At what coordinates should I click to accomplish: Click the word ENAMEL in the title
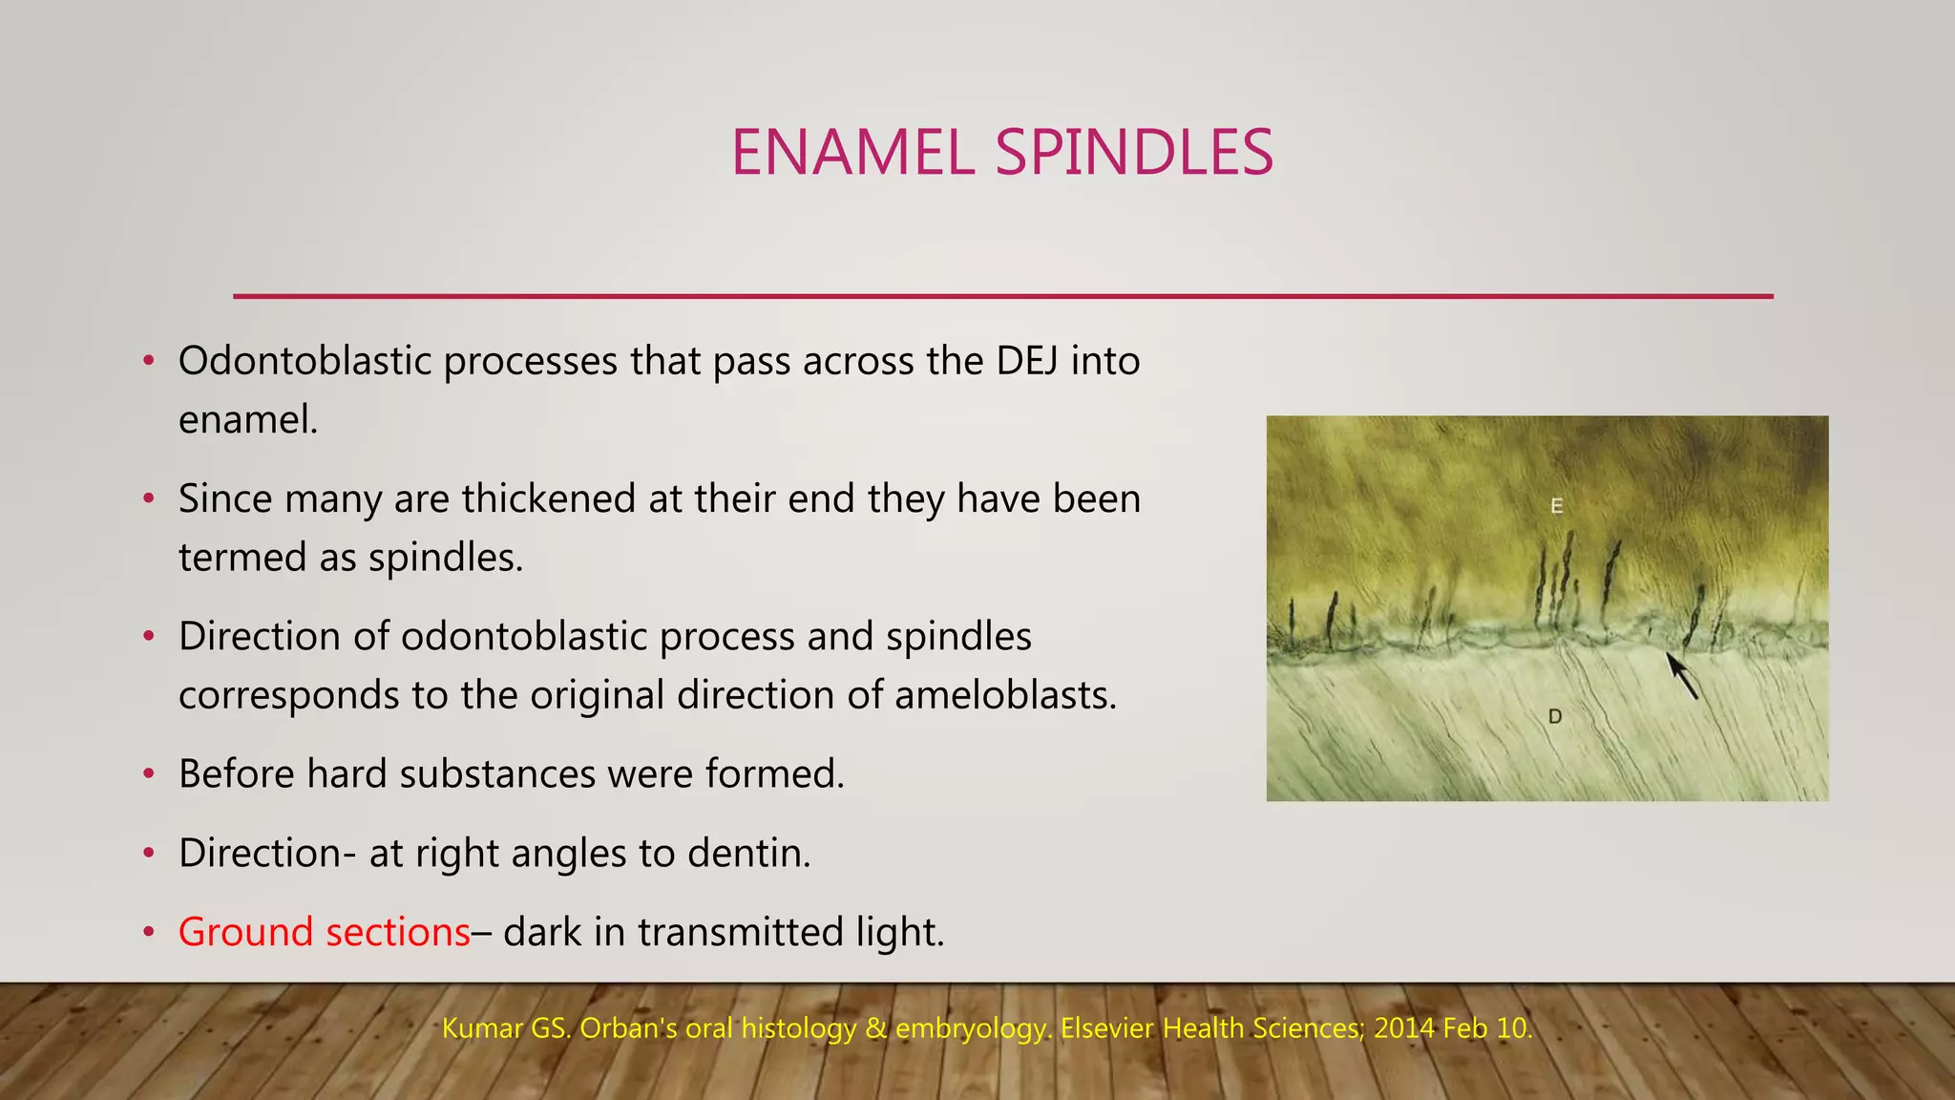pyautogui.click(x=852, y=153)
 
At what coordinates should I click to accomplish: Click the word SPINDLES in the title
pyautogui.click(x=1134, y=153)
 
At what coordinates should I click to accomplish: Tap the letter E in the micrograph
pyautogui.click(x=1557, y=506)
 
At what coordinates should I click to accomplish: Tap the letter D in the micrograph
pyautogui.click(x=1555, y=716)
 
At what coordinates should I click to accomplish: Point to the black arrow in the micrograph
pyautogui.click(x=1682, y=675)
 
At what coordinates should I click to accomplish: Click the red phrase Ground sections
pyautogui.click(x=324, y=932)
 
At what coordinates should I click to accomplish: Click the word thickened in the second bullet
pyautogui.click(x=549, y=498)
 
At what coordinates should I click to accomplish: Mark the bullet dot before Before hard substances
pyautogui.click(x=148, y=774)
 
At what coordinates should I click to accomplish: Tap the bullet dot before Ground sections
pyautogui.click(x=148, y=933)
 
